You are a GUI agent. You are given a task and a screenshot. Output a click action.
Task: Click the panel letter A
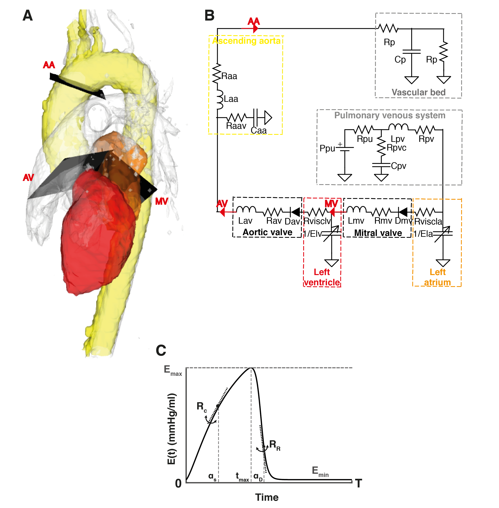point(28,16)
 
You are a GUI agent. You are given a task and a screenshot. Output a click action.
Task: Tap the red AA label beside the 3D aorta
point(49,65)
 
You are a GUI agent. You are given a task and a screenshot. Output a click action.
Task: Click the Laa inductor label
point(231,99)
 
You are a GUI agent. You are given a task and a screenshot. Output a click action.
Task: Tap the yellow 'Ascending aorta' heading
point(246,41)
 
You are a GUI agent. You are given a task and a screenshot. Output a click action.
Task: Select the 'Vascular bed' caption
point(418,92)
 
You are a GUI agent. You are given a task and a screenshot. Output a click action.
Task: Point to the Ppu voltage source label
point(327,148)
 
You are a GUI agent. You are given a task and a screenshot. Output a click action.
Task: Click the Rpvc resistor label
point(396,148)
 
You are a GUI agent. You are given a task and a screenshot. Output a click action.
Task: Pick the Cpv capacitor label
point(398,166)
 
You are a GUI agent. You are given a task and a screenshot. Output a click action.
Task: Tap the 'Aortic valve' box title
point(267,232)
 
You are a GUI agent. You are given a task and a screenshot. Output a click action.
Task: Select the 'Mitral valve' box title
point(378,233)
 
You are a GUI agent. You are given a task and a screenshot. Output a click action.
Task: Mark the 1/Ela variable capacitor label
point(423,233)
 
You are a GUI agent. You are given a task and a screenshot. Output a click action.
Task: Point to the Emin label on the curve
point(320,471)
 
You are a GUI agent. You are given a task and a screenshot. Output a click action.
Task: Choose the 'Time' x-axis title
point(267,497)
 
